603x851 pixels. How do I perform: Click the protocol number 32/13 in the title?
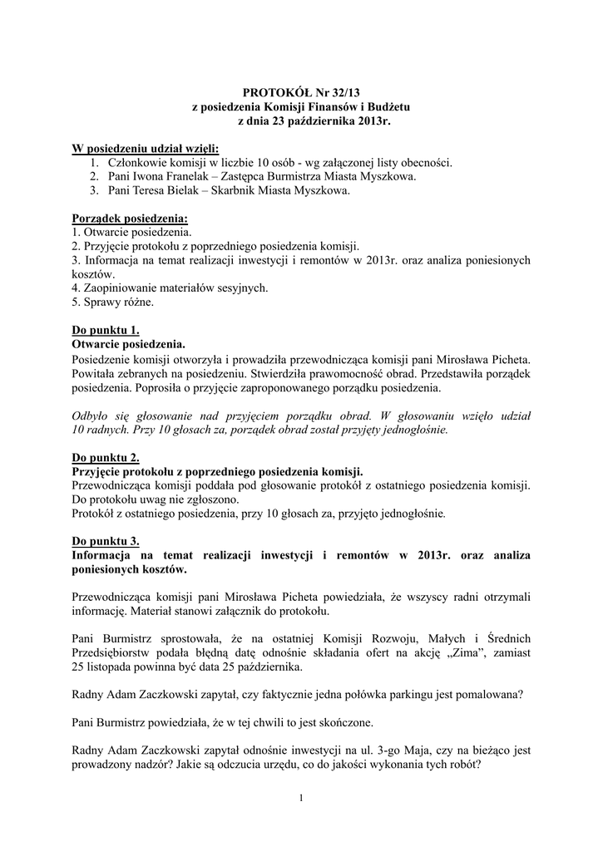click(x=344, y=94)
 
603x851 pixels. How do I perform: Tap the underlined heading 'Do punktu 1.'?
click(x=106, y=330)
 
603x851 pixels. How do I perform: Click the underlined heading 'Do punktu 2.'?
click(x=106, y=457)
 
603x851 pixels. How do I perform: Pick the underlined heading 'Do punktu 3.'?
click(x=106, y=541)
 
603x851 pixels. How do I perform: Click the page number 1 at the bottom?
click(x=301, y=799)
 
